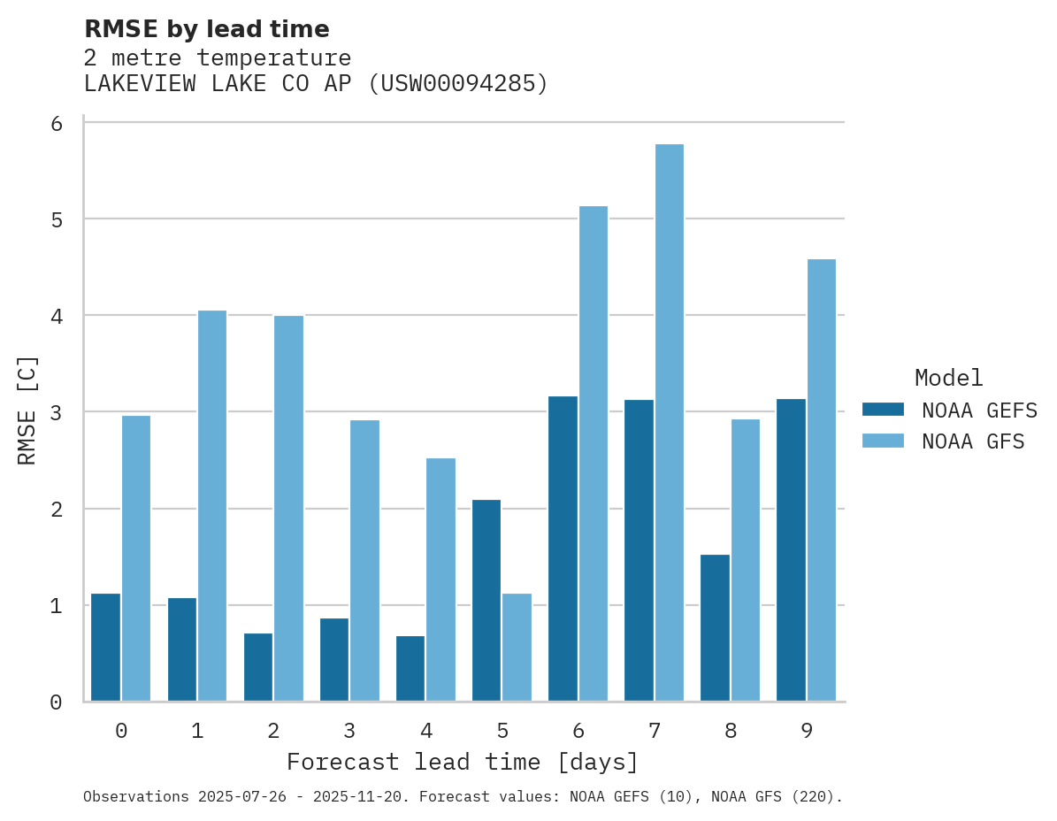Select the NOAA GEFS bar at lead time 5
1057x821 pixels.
pyautogui.click(x=486, y=601)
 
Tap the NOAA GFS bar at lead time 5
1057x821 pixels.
pyautogui.click(x=517, y=648)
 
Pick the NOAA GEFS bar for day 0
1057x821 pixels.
pyautogui.click(x=105, y=648)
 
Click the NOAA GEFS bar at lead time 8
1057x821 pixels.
pyautogui.click(x=715, y=628)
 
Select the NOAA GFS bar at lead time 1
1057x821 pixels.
pyautogui.click(x=212, y=506)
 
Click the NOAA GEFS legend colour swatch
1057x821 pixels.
pyautogui.click(x=883, y=410)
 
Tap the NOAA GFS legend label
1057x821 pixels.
pyautogui.click(x=973, y=441)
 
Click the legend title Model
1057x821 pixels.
pyautogui.click(x=948, y=379)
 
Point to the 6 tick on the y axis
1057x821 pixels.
pyautogui.click(x=57, y=123)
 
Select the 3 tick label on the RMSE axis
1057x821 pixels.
pyautogui.click(x=57, y=412)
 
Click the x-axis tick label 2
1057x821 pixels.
pyautogui.click(x=273, y=731)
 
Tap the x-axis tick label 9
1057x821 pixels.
pyautogui.click(x=806, y=731)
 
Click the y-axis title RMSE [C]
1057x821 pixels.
pyautogui.click(x=27, y=410)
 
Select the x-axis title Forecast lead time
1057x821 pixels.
pyautogui.click(x=462, y=762)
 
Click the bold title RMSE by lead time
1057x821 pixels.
pyautogui.click(x=206, y=29)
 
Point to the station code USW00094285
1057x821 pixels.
pyautogui.click(x=457, y=84)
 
